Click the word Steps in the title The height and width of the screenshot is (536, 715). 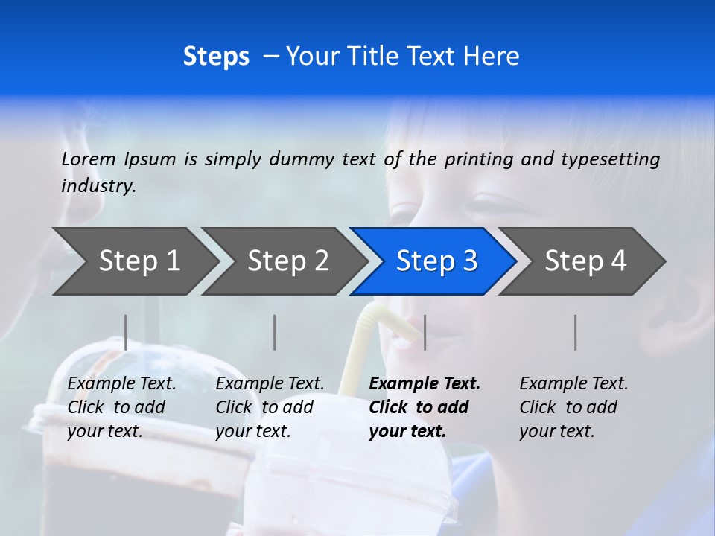216,57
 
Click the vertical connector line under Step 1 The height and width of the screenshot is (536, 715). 125,332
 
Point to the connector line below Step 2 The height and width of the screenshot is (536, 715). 275,332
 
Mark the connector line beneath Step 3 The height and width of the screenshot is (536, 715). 425,332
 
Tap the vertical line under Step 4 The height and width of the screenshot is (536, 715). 575,332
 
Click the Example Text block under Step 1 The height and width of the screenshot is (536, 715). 121,407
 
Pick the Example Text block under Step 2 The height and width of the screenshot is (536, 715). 270,407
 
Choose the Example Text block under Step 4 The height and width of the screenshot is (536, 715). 573,407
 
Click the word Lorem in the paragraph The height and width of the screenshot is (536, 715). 89,159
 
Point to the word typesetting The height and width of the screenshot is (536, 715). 610,159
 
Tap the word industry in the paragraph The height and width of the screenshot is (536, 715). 98,185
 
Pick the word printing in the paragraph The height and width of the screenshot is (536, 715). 477,159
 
